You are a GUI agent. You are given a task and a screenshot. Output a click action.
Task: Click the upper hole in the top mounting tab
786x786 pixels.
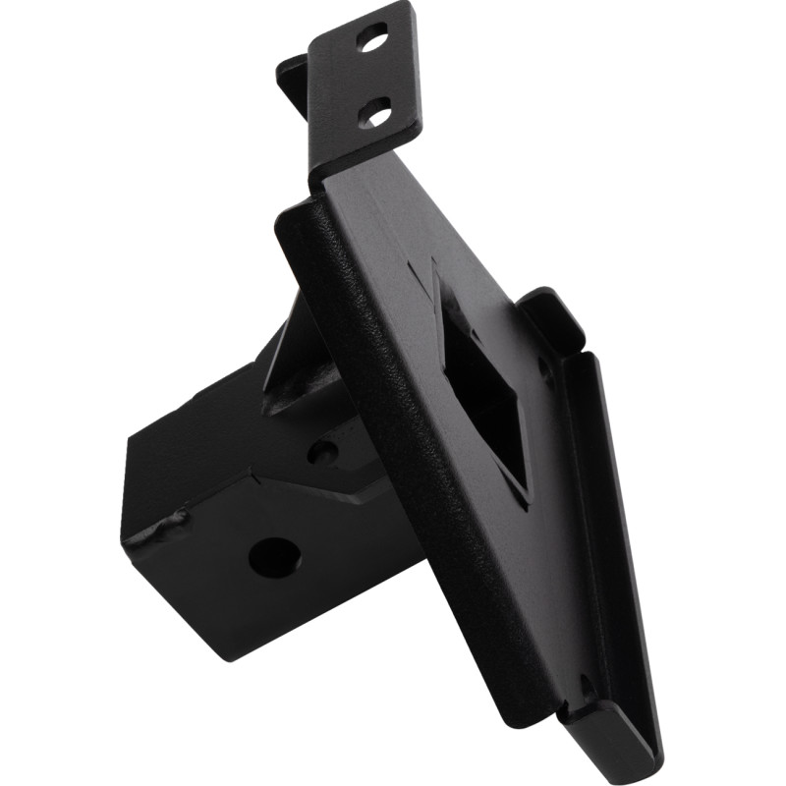[x=371, y=42]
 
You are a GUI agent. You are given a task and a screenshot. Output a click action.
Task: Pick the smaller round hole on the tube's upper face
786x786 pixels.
[x=321, y=453]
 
